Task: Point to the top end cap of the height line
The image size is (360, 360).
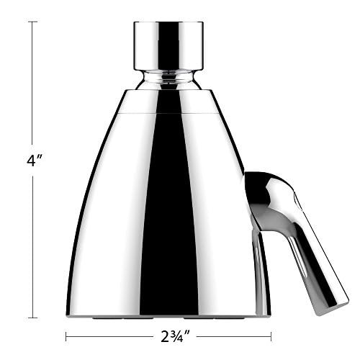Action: tap(32, 22)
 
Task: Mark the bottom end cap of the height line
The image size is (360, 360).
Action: tap(32, 317)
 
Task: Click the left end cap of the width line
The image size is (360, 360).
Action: tap(66, 336)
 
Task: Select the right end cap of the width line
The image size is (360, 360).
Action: tap(271, 336)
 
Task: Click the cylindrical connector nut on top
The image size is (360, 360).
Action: tap(168, 45)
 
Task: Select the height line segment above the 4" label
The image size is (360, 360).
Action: tap(32, 86)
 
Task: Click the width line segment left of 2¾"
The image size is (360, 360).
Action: tap(108, 336)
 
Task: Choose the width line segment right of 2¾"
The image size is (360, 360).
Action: tap(230, 336)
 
